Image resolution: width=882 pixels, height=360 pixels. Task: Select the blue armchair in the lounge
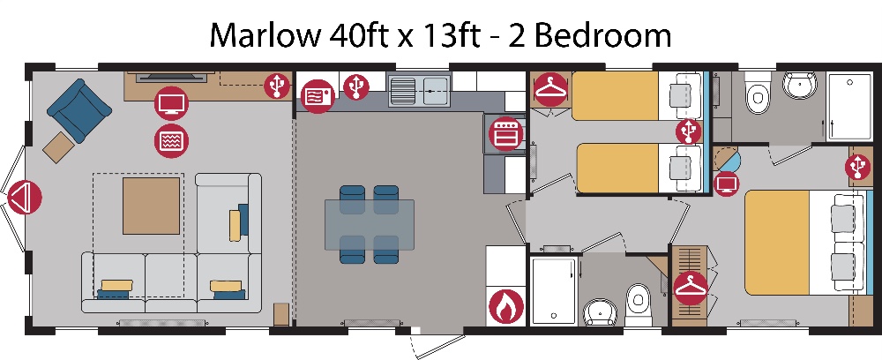78,110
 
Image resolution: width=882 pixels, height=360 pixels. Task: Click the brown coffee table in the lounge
152,206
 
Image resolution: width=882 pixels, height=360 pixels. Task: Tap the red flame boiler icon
506,307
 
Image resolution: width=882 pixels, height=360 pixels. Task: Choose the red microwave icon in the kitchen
318,96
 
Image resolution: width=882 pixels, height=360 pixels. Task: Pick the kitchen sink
420,91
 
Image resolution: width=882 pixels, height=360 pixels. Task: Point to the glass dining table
369,224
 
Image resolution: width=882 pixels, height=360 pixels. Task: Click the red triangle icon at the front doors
24,198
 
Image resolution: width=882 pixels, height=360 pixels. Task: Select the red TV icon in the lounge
172,104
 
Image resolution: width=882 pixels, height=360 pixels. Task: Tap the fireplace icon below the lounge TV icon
172,140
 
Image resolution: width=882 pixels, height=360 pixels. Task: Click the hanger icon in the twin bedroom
550,90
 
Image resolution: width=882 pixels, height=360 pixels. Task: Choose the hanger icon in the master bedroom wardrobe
691,288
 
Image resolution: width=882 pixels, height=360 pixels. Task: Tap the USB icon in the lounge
277,86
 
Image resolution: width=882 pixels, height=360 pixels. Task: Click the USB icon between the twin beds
689,131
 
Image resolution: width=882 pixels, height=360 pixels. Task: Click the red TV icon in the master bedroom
726,184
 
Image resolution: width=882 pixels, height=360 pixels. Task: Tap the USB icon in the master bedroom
858,167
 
